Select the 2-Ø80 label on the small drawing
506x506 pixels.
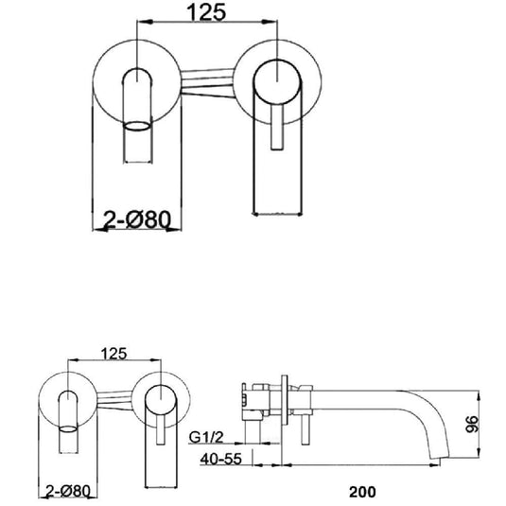click(67, 491)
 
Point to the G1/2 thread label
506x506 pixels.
click(207, 438)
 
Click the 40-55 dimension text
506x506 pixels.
click(220, 462)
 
